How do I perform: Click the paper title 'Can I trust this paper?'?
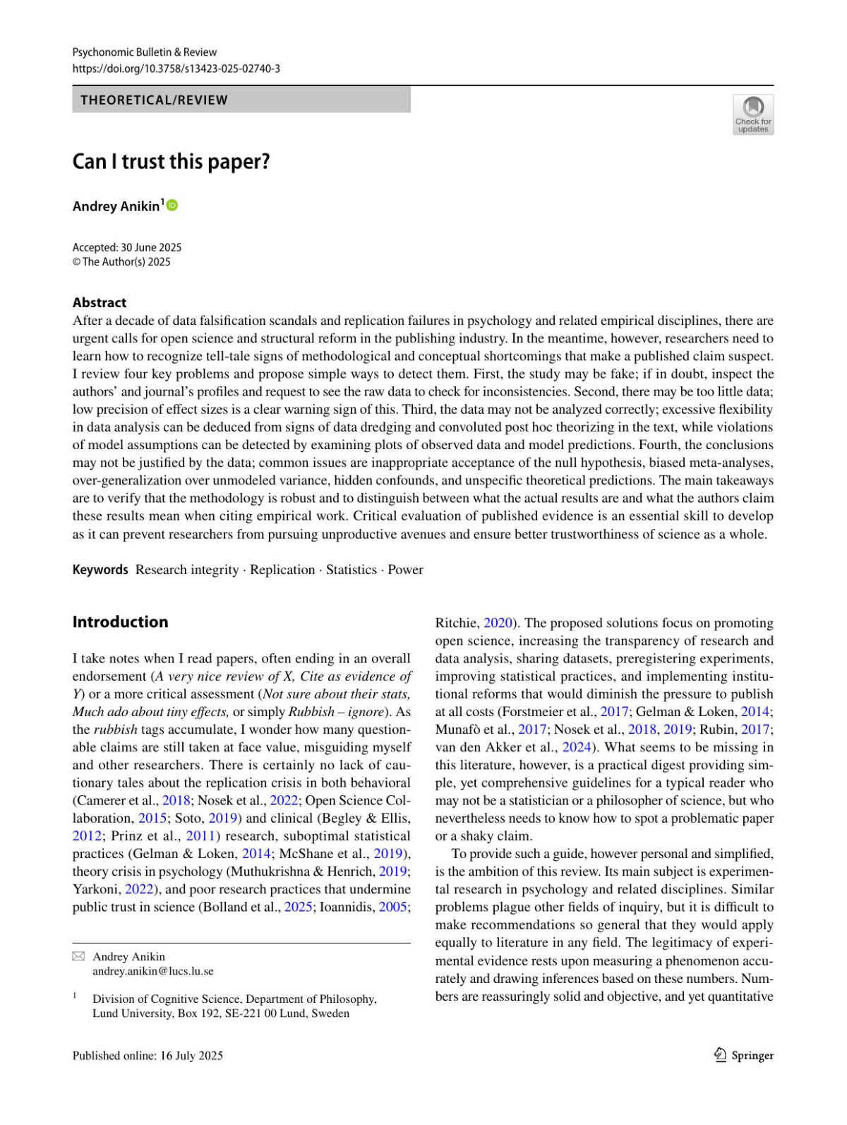pos(171,162)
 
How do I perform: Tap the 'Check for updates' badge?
pos(753,114)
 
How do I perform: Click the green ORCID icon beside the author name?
pos(172,206)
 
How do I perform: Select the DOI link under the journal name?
pos(176,69)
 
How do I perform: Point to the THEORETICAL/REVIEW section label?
pos(154,100)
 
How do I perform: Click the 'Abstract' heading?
pos(100,302)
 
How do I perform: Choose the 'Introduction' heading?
pos(120,621)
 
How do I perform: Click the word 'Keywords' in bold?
pos(100,569)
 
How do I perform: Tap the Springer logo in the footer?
pos(744,1055)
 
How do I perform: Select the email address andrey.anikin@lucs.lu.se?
pos(152,971)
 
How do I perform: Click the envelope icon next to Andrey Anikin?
pos(78,956)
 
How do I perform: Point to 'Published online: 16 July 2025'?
pos(148,1055)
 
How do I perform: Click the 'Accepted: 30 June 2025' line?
pos(127,247)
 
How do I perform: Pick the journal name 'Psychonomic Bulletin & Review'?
pos(144,52)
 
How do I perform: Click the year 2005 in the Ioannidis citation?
pos(392,907)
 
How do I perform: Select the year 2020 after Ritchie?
pos(498,623)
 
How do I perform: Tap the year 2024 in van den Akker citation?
pos(576,747)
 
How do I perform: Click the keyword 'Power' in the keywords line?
pos(406,569)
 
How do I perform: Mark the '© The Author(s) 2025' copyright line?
pos(121,262)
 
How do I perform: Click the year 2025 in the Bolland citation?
pos(298,907)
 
